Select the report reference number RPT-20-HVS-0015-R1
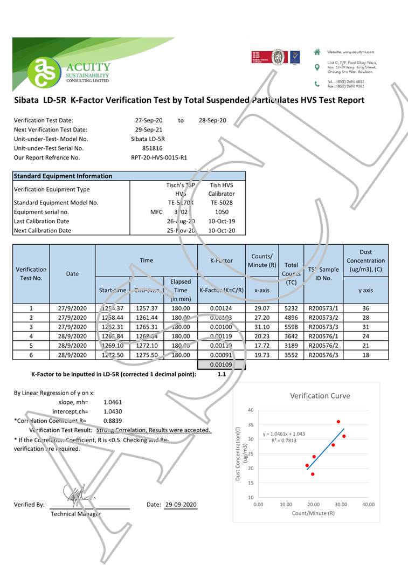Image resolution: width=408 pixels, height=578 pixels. [x=159, y=157]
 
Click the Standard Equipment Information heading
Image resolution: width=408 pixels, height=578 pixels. [x=63, y=176]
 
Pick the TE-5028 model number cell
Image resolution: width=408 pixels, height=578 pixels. [x=221, y=203]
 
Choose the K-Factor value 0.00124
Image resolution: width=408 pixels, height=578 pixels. [x=222, y=308]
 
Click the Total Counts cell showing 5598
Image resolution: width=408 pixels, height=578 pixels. [x=291, y=327]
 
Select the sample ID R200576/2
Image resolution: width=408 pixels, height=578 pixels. [x=323, y=346]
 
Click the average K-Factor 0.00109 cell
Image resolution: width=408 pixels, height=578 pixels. [x=222, y=365]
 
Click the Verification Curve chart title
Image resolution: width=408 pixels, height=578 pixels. [x=320, y=396]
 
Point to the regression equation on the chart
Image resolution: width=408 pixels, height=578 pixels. [x=284, y=434]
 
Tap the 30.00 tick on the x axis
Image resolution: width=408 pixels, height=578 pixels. [x=341, y=505]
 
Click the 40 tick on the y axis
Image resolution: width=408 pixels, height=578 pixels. [x=251, y=410]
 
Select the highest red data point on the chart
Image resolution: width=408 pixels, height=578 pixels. [x=338, y=422]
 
